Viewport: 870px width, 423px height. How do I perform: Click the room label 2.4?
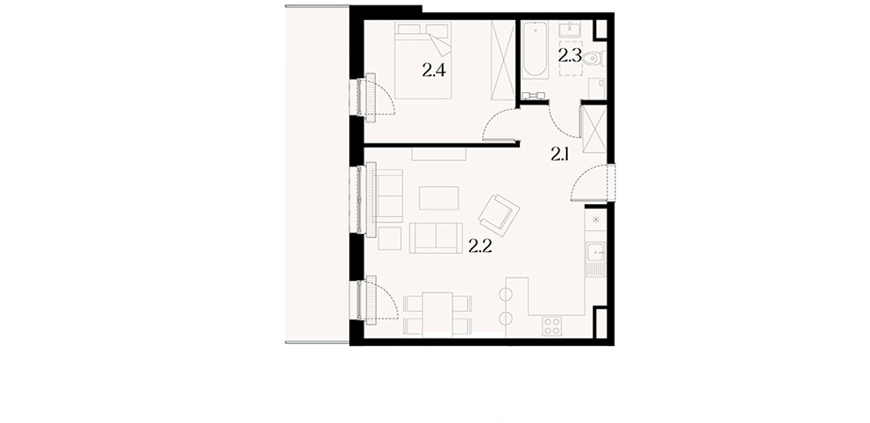pyautogui.click(x=434, y=70)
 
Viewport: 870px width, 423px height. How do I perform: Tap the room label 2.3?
pyautogui.click(x=570, y=55)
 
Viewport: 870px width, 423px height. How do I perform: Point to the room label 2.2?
pyautogui.click(x=480, y=246)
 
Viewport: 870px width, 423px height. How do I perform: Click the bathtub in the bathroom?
pyautogui.click(x=536, y=49)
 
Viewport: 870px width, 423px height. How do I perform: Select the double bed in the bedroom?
pyautogui.click(x=423, y=60)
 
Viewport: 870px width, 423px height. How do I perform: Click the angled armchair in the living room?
pyautogui.click(x=499, y=215)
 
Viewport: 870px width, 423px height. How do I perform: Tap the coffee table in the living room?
pyautogui.click(x=439, y=197)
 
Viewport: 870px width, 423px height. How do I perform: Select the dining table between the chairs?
pyautogui.click(x=438, y=314)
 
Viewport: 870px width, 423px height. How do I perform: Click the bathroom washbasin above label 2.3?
pyautogui.click(x=570, y=29)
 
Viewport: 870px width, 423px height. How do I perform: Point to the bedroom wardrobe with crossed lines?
pyautogui.click(x=504, y=60)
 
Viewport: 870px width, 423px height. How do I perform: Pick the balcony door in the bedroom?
pyautogui.click(x=378, y=95)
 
